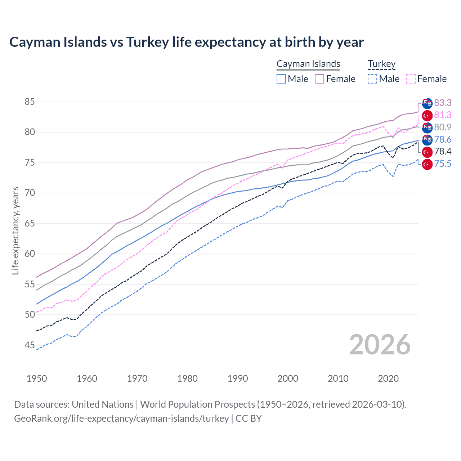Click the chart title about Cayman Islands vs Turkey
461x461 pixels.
(x=187, y=42)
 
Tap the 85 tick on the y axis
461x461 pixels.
(x=30, y=102)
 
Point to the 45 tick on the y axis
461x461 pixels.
(x=30, y=345)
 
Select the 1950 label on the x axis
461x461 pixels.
(x=37, y=379)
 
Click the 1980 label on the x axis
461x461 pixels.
(x=187, y=379)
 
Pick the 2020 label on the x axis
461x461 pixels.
(x=388, y=379)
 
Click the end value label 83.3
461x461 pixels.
(x=443, y=103)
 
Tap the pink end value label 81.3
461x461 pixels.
(x=443, y=115)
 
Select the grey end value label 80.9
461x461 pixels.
(x=443, y=127)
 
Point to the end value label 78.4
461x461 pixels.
(x=443, y=151)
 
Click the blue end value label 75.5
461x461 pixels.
(x=443, y=164)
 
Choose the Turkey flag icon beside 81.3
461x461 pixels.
(x=427, y=116)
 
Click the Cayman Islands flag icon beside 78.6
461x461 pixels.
(x=427, y=140)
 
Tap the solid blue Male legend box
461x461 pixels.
(x=281, y=79)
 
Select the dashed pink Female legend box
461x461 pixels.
(x=411, y=79)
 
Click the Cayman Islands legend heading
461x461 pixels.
(x=308, y=64)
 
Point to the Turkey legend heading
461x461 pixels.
(x=381, y=64)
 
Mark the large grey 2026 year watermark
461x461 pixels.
(x=380, y=345)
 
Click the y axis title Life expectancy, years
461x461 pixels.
(x=15, y=230)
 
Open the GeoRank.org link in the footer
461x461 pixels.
(x=121, y=419)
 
